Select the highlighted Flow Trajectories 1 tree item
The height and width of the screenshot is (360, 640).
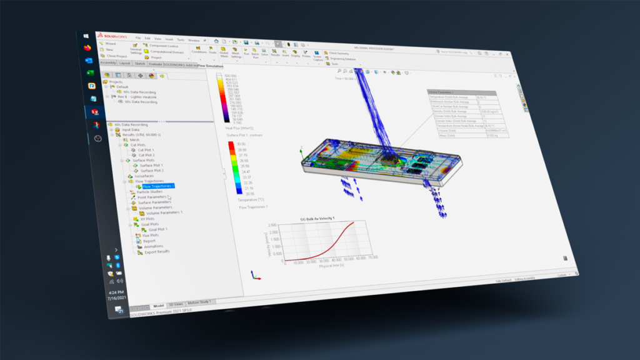(x=158, y=186)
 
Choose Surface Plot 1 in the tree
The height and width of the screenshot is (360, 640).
(x=151, y=165)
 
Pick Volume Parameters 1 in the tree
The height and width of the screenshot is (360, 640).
(x=164, y=212)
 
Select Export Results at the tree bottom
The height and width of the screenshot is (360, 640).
(x=156, y=252)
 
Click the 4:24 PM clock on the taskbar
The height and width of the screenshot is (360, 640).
(x=116, y=292)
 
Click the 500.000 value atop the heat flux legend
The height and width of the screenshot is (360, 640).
(x=232, y=76)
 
